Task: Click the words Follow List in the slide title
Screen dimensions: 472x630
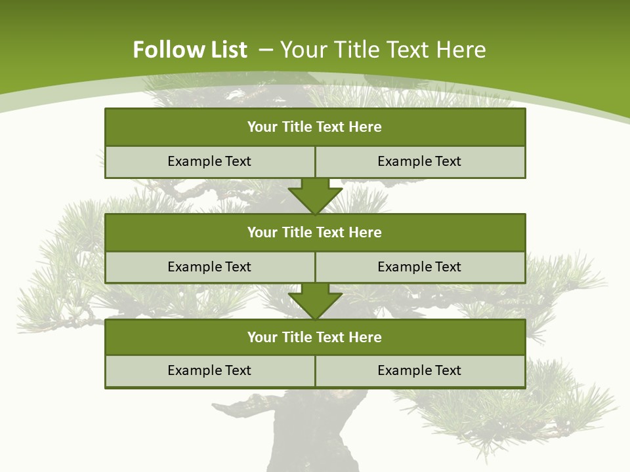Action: pyautogui.click(x=190, y=50)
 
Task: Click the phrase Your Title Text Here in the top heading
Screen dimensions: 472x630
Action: pyautogui.click(x=383, y=50)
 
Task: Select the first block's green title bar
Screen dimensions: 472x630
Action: pyautogui.click(x=315, y=127)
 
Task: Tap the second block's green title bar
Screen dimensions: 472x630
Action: pyautogui.click(x=315, y=233)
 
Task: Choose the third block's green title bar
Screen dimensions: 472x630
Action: pyautogui.click(x=315, y=338)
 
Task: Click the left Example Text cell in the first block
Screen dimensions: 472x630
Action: pyautogui.click(x=209, y=162)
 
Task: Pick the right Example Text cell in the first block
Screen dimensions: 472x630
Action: pyautogui.click(x=419, y=162)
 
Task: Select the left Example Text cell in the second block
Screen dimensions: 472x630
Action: pyautogui.click(x=209, y=267)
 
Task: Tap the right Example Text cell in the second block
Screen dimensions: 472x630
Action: pyautogui.click(x=419, y=267)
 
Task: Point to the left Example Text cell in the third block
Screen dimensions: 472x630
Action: pyautogui.click(x=209, y=371)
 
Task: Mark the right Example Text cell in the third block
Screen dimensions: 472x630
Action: pyautogui.click(x=419, y=371)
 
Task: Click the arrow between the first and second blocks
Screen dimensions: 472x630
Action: pyautogui.click(x=315, y=196)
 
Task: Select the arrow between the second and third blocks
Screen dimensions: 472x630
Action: pyautogui.click(x=315, y=302)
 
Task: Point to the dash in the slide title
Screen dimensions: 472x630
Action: pyautogui.click(x=266, y=50)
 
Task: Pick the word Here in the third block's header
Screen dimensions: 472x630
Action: pyautogui.click(x=366, y=338)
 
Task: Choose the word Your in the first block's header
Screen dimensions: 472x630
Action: pyautogui.click(x=262, y=127)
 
